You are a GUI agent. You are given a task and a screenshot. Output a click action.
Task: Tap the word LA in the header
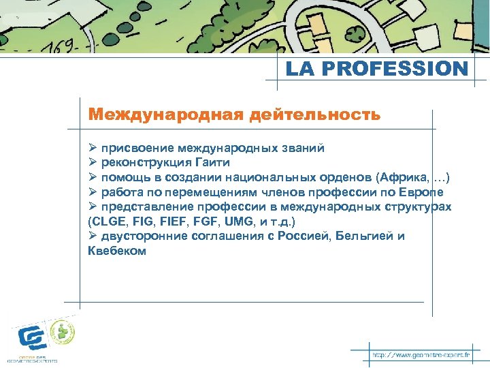[300, 70]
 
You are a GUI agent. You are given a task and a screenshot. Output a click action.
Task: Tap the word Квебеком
[117, 251]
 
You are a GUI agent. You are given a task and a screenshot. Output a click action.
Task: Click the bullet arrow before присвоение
[93, 148]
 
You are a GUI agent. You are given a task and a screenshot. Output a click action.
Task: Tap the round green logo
[64, 333]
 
